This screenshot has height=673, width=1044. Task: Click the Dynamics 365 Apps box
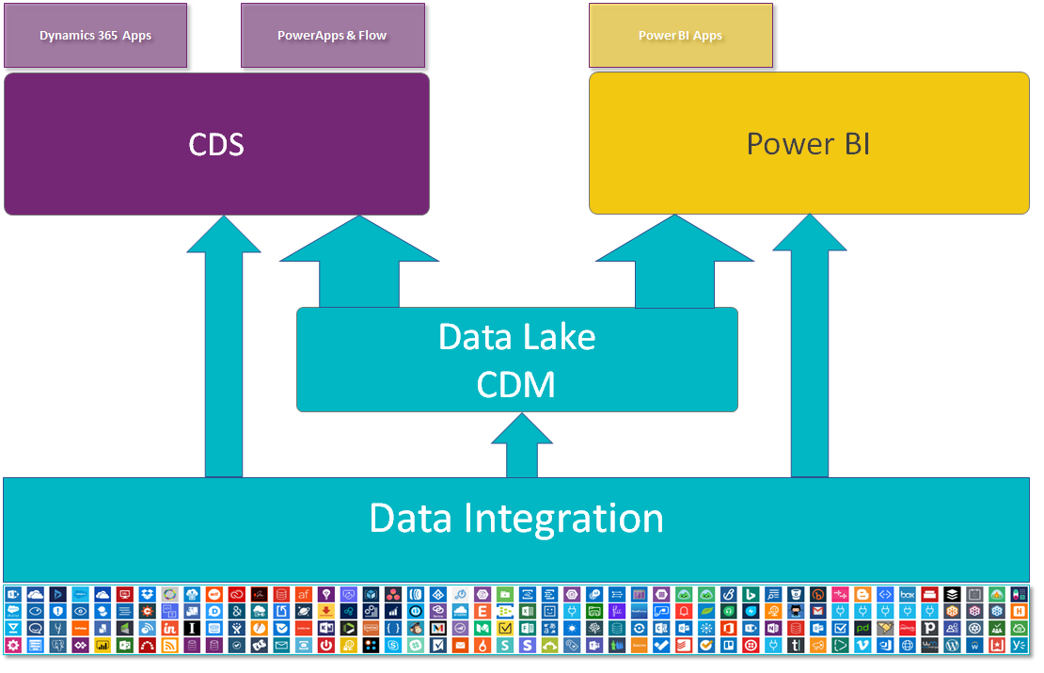tap(95, 36)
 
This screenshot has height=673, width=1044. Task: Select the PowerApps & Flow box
tap(332, 36)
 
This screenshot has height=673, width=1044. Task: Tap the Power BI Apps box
tap(680, 36)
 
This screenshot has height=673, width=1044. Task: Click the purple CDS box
tap(216, 144)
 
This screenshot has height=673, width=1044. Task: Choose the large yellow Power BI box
tap(809, 143)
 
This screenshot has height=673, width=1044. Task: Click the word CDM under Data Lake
tap(516, 384)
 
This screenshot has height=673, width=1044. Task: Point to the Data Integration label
tap(516, 519)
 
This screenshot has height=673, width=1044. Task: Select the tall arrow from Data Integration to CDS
tap(224, 346)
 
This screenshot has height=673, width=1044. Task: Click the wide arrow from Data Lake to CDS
tap(359, 262)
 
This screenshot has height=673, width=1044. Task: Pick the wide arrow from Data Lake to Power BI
tap(674, 262)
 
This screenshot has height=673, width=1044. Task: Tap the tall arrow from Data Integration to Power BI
tap(810, 346)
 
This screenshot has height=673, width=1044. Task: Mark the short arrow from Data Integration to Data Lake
tap(522, 445)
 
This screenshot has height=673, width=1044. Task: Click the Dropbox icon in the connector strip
tap(147, 594)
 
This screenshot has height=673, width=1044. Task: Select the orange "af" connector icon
tap(304, 594)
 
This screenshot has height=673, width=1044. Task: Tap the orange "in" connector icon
tap(170, 628)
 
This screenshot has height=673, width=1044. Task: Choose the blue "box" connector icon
tap(908, 594)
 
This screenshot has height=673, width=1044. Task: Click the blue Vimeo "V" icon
tap(862, 645)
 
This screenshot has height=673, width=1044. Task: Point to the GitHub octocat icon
tap(796, 611)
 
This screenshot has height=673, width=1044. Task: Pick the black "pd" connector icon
tap(862, 628)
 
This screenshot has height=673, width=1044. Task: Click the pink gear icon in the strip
tap(13, 645)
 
